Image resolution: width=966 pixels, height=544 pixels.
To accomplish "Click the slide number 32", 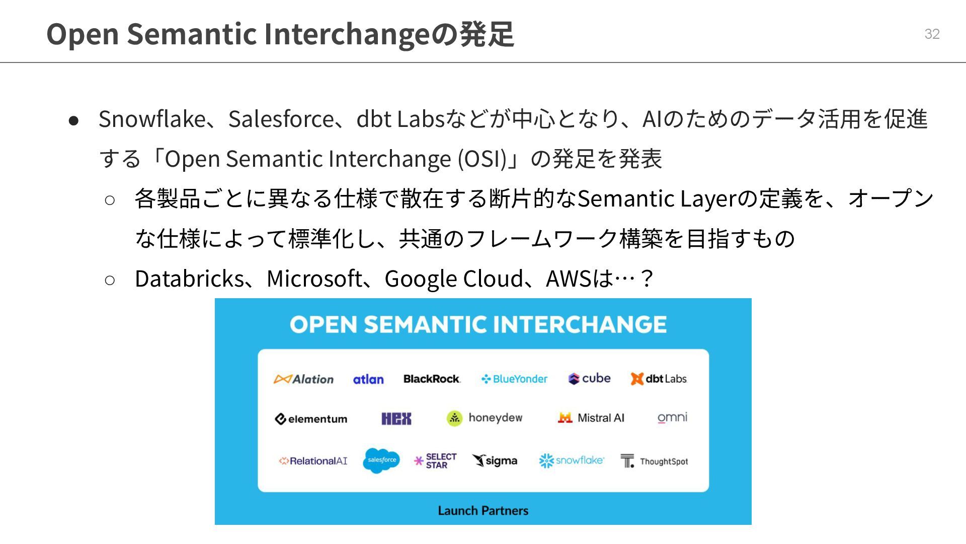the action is (932, 34).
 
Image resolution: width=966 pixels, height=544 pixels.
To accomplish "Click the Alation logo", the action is (303, 379).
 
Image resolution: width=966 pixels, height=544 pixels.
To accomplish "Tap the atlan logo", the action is (368, 379).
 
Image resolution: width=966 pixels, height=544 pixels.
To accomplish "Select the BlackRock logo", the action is (432, 379).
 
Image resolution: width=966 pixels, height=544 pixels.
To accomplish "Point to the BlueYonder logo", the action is (514, 379).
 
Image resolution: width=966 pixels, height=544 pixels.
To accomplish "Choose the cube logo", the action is (589, 378).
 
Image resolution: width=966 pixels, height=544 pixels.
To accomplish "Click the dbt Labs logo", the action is (659, 379).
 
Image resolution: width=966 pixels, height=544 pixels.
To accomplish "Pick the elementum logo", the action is (311, 419).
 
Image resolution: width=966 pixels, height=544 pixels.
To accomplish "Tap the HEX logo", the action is (396, 419).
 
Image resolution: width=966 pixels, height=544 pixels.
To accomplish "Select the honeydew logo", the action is (485, 418).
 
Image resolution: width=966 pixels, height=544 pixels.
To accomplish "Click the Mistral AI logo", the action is (591, 418).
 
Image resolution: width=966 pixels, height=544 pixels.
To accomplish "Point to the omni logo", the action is (672, 418).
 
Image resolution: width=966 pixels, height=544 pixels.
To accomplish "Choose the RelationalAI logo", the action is (313, 461).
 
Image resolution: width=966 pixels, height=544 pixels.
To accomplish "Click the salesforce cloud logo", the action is (381, 460).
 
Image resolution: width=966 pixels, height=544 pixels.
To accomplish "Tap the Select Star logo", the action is (435, 461).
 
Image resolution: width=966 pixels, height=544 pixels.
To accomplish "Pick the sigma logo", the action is (495, 460).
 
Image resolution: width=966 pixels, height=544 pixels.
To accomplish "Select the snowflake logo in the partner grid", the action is (572, 460).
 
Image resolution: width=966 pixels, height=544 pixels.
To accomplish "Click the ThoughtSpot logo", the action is (654, 461).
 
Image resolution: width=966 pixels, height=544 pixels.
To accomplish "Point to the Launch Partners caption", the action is (483, 510).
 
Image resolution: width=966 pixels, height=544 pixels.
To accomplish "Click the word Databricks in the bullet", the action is (189, 279).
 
